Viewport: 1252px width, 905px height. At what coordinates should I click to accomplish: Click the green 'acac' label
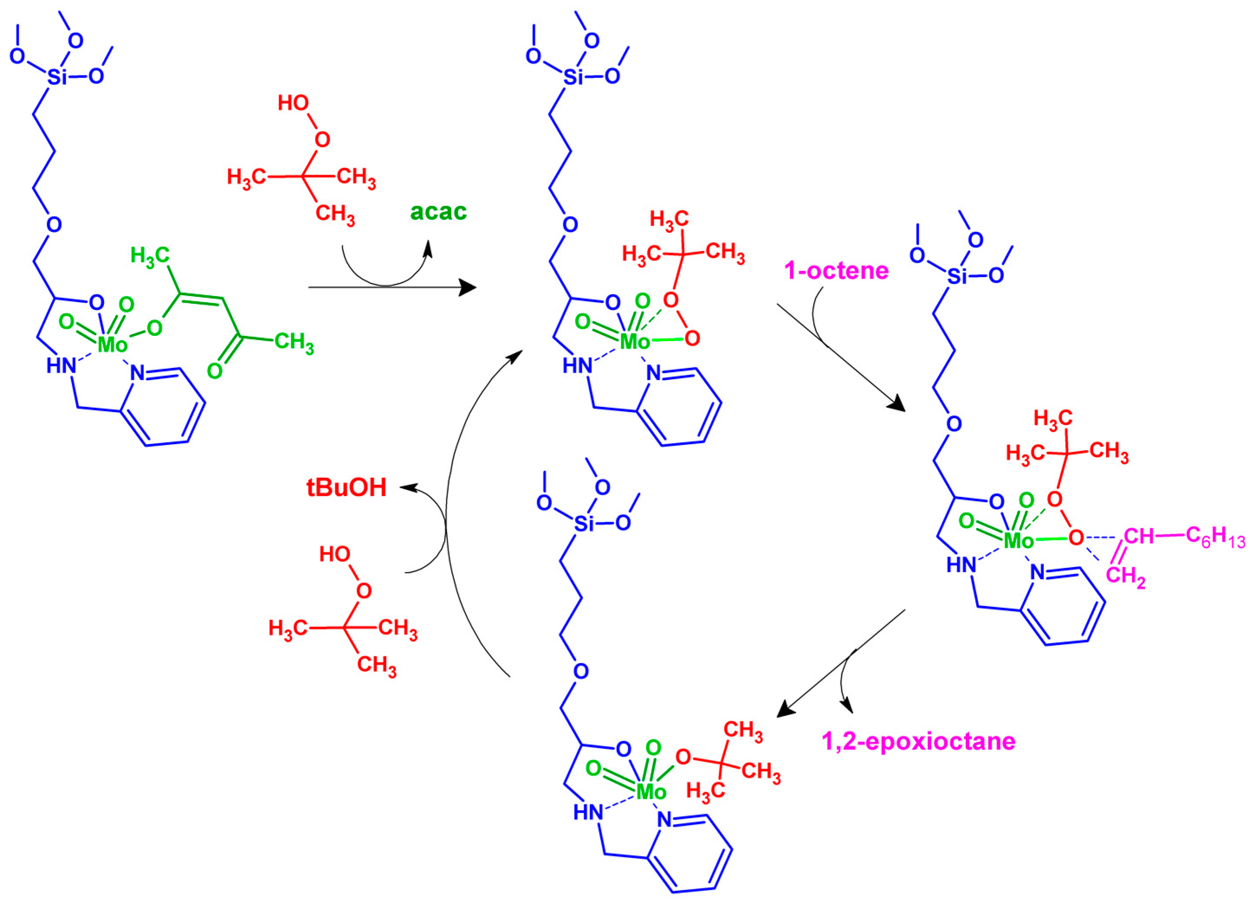438,211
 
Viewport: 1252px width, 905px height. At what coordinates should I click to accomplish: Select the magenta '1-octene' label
836,271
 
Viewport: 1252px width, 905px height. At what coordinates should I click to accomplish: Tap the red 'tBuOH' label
346,488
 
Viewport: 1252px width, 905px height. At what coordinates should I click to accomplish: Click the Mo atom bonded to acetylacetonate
112,345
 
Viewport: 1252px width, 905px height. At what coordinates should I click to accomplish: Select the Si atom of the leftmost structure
56,77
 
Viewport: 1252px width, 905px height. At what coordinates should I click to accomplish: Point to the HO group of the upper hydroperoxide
293,103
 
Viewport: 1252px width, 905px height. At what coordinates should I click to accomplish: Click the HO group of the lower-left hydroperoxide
335,554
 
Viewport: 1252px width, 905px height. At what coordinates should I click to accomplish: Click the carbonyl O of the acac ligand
215,371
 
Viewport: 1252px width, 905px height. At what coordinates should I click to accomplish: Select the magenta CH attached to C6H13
1138,536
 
